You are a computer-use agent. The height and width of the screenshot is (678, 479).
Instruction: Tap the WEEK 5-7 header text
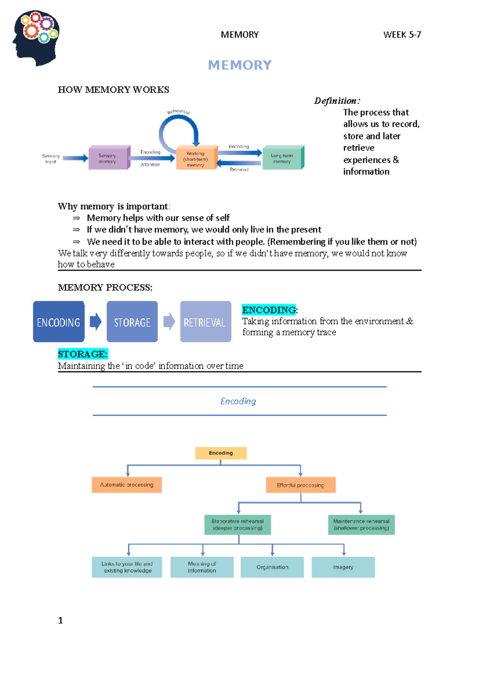click(x=402, y=35)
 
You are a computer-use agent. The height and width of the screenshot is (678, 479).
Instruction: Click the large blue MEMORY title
click(x=239, y=65)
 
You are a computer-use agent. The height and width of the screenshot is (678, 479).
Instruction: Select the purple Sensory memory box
click(x=109, y=158)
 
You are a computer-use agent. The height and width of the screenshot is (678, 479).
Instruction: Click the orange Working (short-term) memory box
click(x=196, y=159)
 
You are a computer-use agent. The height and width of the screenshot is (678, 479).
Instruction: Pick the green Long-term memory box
click(x=283, y=158)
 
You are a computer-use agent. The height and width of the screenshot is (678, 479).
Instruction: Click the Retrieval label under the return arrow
click(x=239, y=170)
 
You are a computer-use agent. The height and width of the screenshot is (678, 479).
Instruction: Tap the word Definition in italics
click(x=336, y=101)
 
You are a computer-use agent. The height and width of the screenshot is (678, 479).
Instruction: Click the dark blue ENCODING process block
click(x=59, y=322)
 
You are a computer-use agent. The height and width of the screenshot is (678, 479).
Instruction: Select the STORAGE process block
click(x=132, y=322)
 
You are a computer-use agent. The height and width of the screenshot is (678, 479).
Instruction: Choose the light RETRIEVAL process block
click(x=205, y=322)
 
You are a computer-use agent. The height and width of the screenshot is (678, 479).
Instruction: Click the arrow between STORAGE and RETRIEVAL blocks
click(x=169, y=321)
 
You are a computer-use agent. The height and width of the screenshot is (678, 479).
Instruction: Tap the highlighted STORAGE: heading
click(x=83, y=354)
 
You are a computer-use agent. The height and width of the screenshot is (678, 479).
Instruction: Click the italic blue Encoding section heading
click(x=238, y=401)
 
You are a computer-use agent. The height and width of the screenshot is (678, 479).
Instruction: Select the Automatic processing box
click(x=127, y=485)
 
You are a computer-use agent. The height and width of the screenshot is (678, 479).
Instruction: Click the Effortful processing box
click(x=301, y=485)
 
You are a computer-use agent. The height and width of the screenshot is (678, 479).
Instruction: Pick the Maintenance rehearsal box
click(x=361, y=525)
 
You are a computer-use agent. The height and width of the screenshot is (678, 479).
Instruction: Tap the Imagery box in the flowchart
click(x=343, y=567)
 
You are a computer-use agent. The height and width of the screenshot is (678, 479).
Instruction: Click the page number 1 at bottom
click(x=60, y=620)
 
